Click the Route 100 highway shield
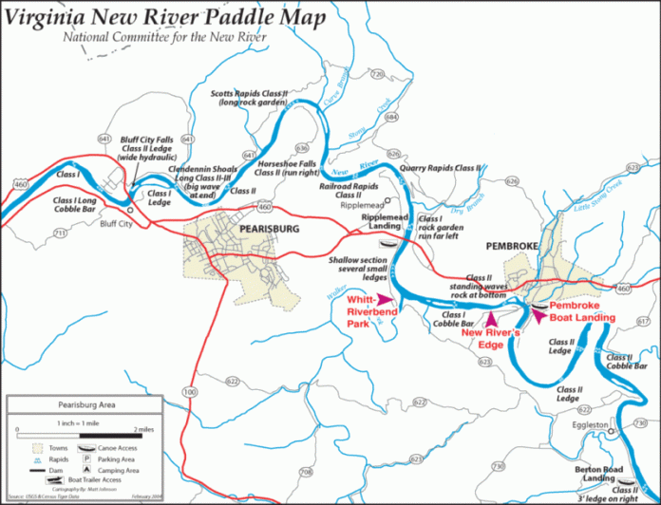(191, 391)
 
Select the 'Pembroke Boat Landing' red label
(582, 312)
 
